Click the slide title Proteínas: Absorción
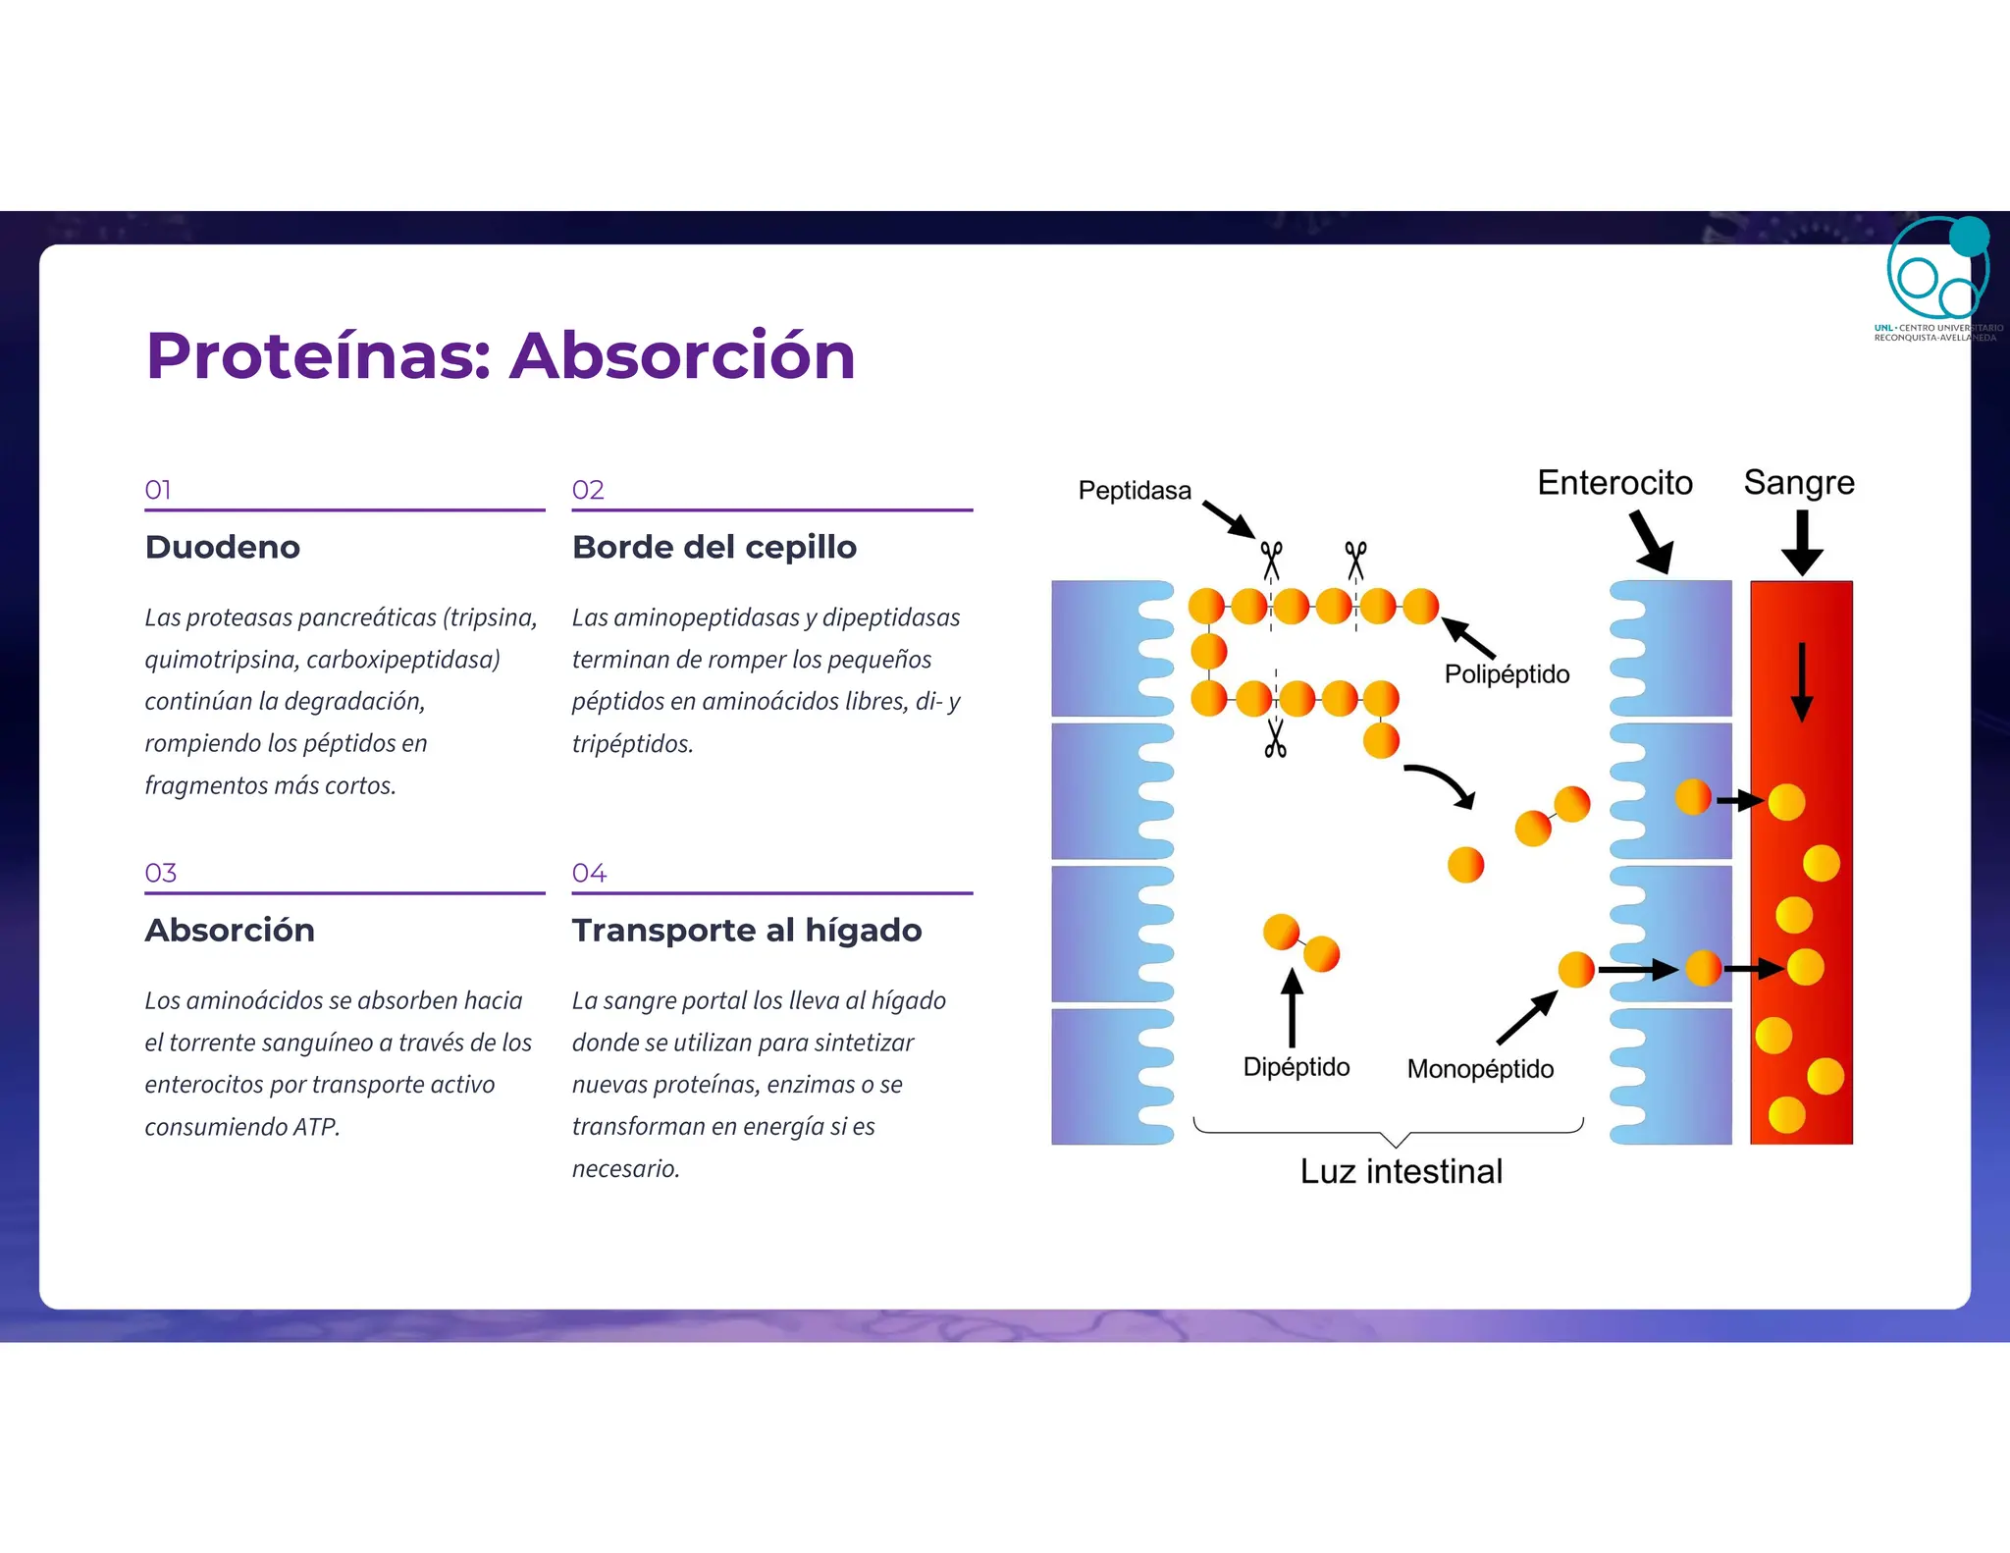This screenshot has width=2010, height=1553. click(501, 355)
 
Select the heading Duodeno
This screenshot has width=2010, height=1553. click(223, 547)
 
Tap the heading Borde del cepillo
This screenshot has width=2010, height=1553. click(714, 547)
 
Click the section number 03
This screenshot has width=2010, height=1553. click(160, 873)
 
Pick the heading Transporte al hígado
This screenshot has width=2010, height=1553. click(746, 930)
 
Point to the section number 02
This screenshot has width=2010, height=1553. click(588, 490)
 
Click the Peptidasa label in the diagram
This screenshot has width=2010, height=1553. click(1135, 490)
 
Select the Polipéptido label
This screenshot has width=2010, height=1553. click(1507, 674)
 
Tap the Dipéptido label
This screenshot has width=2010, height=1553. click(1296, 1067)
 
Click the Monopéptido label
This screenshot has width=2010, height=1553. click(1480, 1069)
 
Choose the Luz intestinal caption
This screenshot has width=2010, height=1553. click(1401, 1171)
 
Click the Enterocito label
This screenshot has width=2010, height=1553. click(1614, 483)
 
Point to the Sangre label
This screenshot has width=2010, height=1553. click(1798, 482)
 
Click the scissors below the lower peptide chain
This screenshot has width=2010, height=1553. click(1275, 739)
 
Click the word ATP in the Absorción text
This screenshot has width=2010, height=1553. click(314, 1127)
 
